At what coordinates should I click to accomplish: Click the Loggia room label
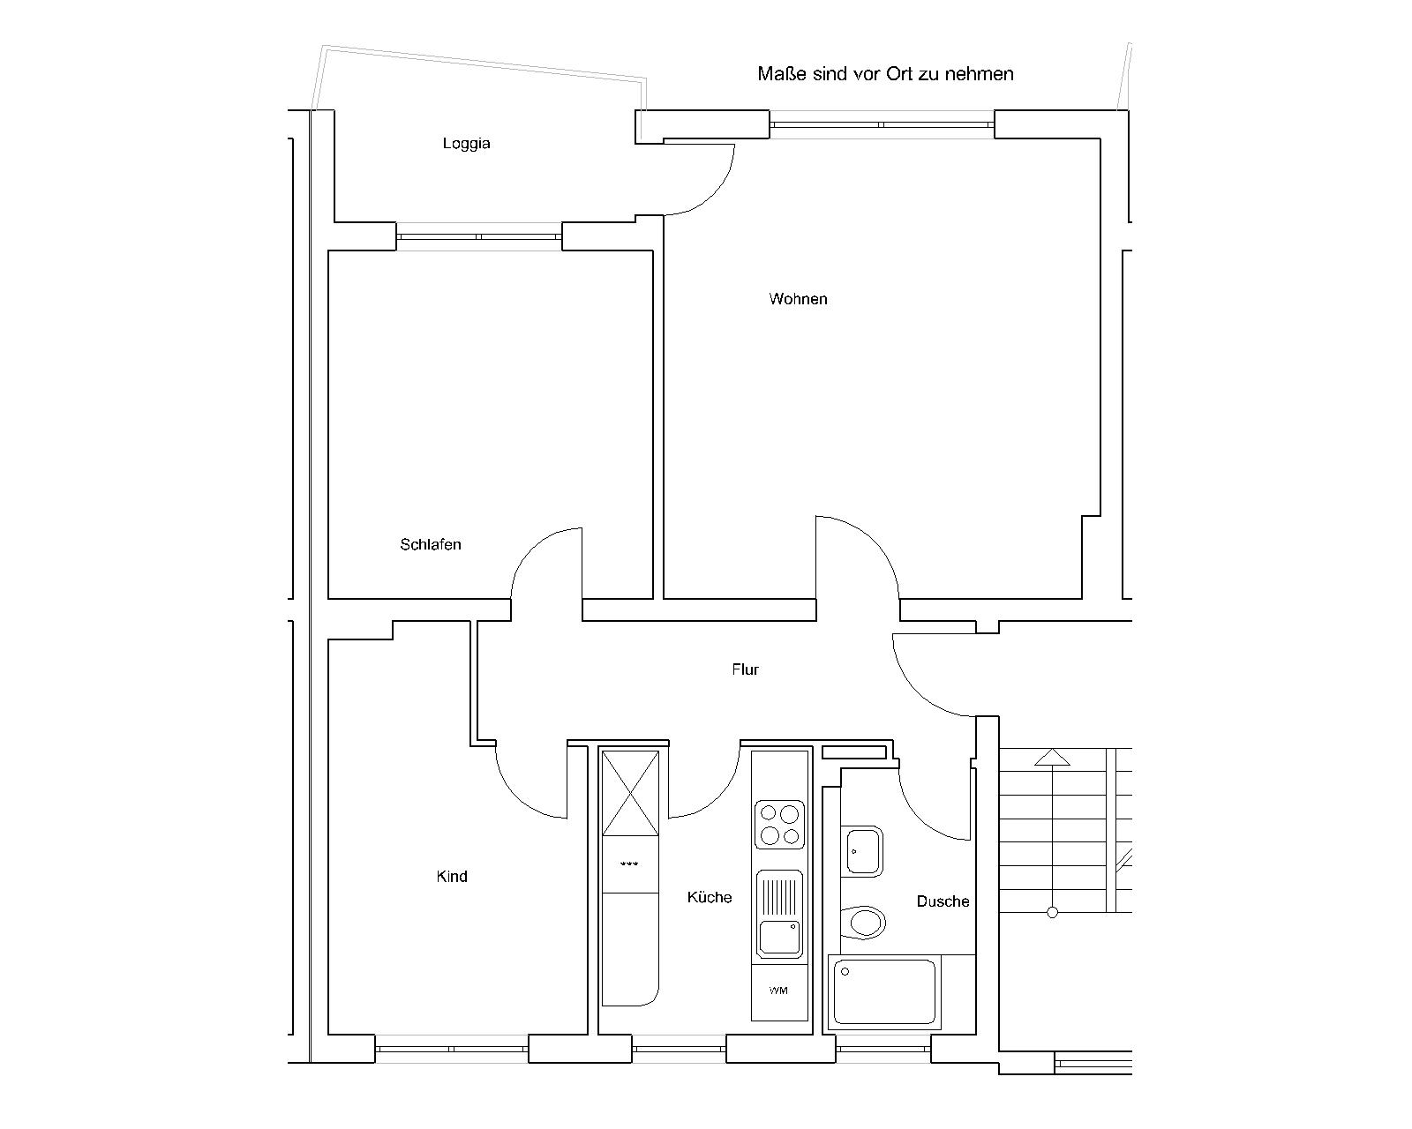coord(467,144)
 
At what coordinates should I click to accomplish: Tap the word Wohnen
coord(798,299)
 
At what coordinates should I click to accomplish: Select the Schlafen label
coord(431,544)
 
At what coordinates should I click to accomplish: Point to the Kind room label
coord(452,877)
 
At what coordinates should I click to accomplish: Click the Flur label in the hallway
coord(746,669)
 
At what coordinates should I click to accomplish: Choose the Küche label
coord(710,897)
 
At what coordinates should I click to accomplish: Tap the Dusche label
coord(943,901)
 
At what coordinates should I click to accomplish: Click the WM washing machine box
coord(779,992)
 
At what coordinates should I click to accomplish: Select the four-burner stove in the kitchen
coord(779,825)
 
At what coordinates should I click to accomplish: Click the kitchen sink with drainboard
coord(779,914)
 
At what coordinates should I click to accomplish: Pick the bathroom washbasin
coord(862,851)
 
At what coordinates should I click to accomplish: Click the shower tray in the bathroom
coord(884,992)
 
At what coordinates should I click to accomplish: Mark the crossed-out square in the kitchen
coord(630,793)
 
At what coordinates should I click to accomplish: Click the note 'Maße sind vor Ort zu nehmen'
coord(885,73)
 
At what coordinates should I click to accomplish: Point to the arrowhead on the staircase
coord(1052,757)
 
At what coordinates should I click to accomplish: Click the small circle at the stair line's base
coord(1053,913)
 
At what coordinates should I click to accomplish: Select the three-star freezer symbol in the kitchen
coord(629,864)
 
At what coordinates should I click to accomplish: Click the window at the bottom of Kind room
coord(452,1049)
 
